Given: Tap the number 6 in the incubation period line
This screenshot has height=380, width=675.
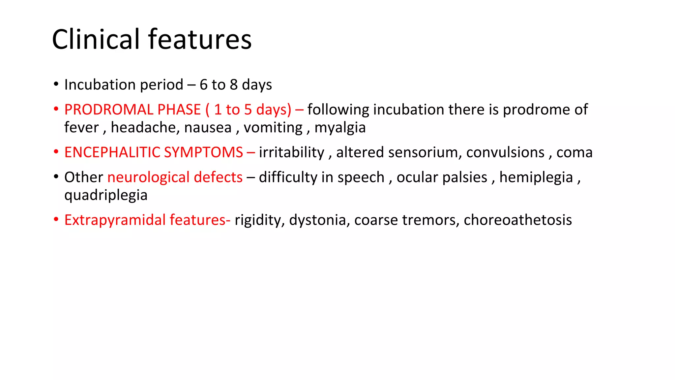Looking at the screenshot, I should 203,85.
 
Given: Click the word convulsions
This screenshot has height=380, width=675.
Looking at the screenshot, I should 505,152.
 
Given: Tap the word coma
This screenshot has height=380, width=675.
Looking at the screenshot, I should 574,152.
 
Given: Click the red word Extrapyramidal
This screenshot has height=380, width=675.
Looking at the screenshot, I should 115,220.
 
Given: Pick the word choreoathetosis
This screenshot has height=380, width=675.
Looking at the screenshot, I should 517,220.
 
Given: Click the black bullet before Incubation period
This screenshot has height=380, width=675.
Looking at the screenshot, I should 56,84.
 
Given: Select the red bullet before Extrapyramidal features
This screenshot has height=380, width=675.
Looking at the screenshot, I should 56,219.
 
